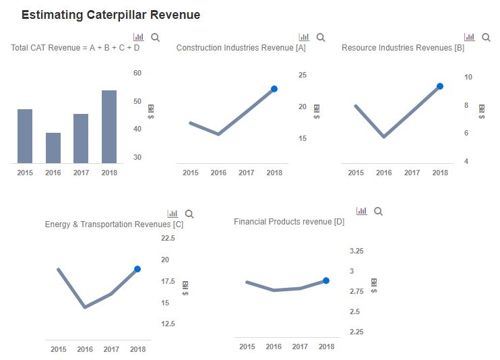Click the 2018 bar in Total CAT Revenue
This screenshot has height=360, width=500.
(109, 127)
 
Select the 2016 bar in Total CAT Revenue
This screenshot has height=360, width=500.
(53, 148)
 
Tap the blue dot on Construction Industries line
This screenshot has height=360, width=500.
(274, 89)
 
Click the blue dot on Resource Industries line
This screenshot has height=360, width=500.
(440, 86)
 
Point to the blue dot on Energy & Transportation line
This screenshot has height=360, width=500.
(137, 269)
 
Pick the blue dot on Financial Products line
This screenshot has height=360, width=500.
(326, 280)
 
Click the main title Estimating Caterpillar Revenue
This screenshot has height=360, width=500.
(111, 15)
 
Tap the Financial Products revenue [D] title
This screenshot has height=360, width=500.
(289, 222)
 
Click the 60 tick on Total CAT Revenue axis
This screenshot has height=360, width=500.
(137, 73)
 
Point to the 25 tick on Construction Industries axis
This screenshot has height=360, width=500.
(303, 75)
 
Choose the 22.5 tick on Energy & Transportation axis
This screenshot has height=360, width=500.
(168, 238)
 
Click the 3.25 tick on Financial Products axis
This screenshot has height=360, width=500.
(356, 251)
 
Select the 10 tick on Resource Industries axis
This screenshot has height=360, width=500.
(468, 77)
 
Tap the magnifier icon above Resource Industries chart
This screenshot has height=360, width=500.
(486, 38)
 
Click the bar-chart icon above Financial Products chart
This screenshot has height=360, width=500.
(362, 211)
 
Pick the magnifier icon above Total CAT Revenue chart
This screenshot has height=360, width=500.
(156, 38)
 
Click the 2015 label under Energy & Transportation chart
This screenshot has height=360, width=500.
(59, 349)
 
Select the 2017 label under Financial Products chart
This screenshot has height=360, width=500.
(300, 347)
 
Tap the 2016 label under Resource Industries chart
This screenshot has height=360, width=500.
(384, 173)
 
